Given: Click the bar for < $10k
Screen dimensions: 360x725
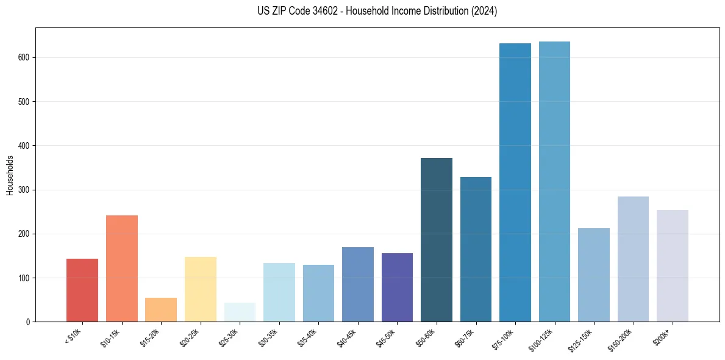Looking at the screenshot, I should tap(82, 290).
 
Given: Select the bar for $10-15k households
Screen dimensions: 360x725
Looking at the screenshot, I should tap(122, 268).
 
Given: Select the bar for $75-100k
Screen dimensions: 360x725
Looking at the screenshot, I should tap(515, 183).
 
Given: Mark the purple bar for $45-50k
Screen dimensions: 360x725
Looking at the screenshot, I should tap(397, 287).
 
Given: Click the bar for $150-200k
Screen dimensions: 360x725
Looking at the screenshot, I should tap(633, 259).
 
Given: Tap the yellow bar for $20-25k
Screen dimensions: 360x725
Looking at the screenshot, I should tap(201, 289).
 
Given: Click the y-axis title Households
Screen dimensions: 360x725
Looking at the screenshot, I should tap(10, 175).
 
